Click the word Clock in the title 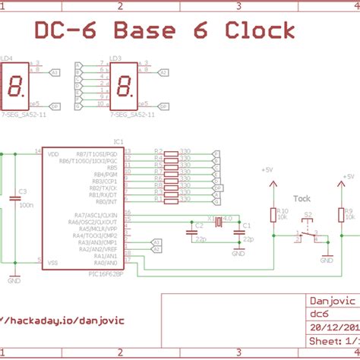(x=260, y=30)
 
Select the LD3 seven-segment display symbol (x=126, y=87)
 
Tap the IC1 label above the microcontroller (x=118, y=141)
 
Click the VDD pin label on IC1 (x=53, y=154)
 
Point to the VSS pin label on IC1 (x=53, y=262)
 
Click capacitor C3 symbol (x=14, y=198)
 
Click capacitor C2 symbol (x=199, y=232)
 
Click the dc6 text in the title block (x=318, y=313)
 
